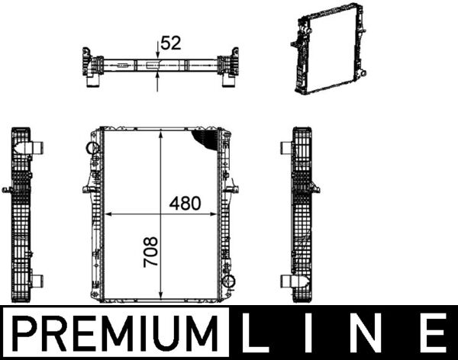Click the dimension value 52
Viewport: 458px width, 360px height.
click(x=171, y=43)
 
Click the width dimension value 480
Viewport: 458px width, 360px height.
click(x=184, y=204)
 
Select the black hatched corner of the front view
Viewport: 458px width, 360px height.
click(x=207, y=139)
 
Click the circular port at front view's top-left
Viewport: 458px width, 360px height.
click(x=92, y=147)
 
